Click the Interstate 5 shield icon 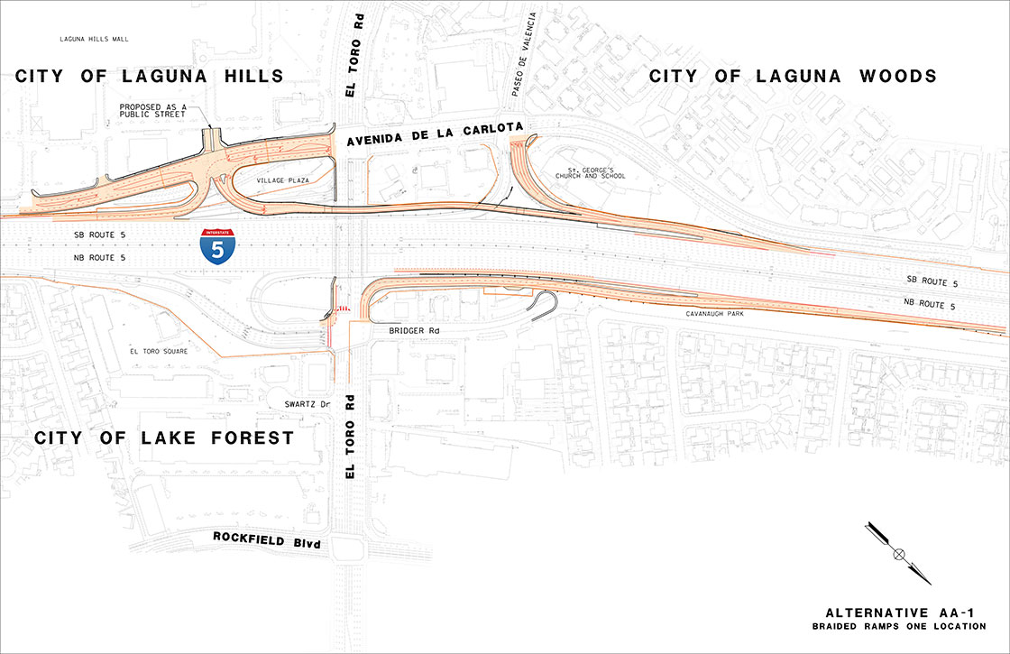click(x=219, y=245)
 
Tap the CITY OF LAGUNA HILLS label click(x=150, y=77)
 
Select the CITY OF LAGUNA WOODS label click(x=794, y=77)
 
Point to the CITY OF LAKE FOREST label click(x=164, y=438)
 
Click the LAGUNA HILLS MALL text click(x=95, y=41)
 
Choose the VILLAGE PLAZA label click(x=284, y=180)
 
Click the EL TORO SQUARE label click(x=159, y=351)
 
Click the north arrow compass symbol click(x=897, y=553)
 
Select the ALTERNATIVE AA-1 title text click(x=906, y=613)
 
